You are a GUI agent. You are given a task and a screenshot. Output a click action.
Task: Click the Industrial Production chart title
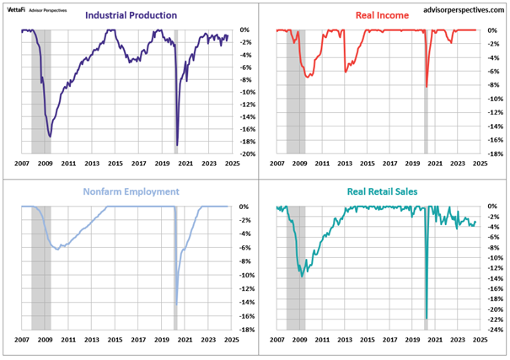click(x=131, y=15)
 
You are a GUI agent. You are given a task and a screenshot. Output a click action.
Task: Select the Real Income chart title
click(x=382, y=15)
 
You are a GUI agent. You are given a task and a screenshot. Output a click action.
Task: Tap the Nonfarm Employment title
click(x=131, y=191)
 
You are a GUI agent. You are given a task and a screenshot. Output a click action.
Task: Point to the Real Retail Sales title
click(x=382, y=191)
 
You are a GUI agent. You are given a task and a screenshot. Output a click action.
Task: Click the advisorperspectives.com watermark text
click(x=464, y=10)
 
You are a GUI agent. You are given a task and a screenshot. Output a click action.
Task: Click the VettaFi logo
click(x=16, y=10)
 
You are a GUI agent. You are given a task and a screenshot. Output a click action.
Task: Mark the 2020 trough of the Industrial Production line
click(x=177, y=145)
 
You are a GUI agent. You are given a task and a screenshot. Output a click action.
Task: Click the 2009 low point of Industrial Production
click(x=50, y=137)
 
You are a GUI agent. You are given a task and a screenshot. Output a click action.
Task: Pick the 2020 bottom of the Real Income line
click(x=427, y=87)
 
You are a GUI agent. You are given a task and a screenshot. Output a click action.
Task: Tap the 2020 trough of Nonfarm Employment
click(x=177, y=304)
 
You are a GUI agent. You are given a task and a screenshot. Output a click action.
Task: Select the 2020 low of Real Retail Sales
click(x=427, y=319)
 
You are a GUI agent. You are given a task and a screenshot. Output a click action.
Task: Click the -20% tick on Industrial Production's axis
click(x=248, y=153)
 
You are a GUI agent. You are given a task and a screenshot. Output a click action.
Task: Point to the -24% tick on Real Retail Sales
click(x=496, y=330)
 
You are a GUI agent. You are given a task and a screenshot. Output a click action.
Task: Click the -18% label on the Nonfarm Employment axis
click(x=247, y=330)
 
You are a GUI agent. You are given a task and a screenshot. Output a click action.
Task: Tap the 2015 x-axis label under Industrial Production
click(x=115, y=164)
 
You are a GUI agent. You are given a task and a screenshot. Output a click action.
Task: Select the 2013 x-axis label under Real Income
click(x=345, y=164)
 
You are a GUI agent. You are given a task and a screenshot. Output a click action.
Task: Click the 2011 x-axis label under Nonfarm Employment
click(x=68, y=340)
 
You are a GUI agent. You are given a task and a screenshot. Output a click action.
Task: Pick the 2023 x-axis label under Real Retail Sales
click(x=458, y=340)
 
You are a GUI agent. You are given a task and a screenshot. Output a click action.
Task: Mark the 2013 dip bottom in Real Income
click(x=346, y=72)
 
